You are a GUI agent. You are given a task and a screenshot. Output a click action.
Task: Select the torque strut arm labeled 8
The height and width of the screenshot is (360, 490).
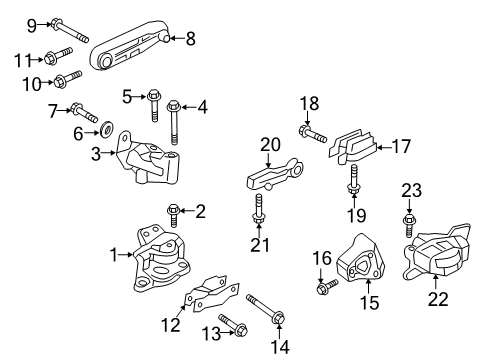click(x=131, y=51)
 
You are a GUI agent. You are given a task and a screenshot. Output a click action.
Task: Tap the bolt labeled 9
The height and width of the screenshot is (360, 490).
click(x=58, y=24)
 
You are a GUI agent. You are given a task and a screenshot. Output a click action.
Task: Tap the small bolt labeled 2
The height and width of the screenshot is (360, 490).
click(x=173, y=211)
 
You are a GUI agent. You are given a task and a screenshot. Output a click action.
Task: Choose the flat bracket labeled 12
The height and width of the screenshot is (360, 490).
click(x=213, y=297)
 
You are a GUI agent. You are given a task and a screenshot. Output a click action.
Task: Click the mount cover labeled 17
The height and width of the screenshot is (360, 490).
click(x=353, y=148)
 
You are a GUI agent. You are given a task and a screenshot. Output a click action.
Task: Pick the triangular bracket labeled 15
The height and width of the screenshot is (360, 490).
click(x=362, y=266)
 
